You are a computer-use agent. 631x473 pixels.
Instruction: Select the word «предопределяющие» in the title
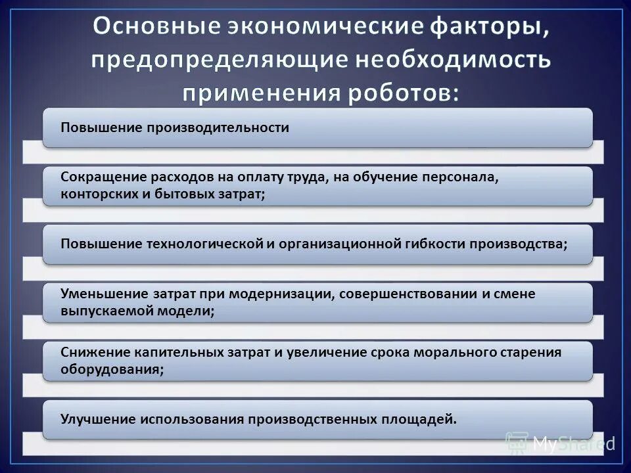[x=211, y=60]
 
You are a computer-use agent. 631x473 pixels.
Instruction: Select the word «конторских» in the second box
[x=96, y=194]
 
